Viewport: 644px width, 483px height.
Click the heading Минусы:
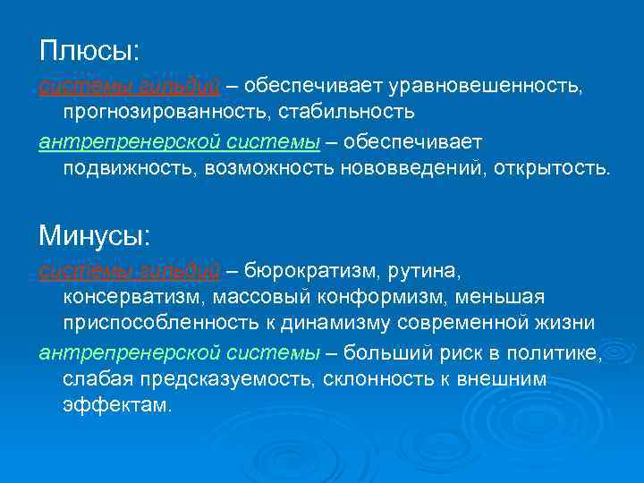point(96,236)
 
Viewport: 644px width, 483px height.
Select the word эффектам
point(115,404)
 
